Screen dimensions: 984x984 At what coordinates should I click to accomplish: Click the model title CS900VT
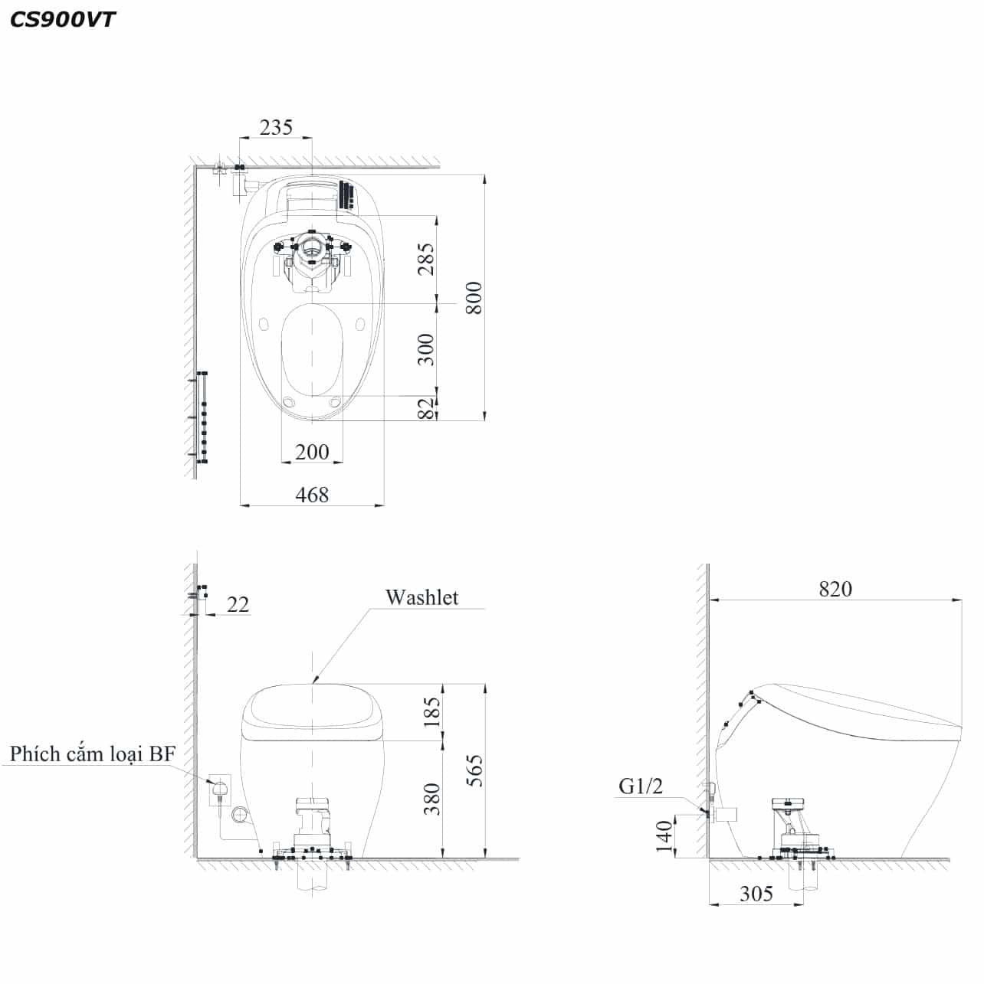pos(62,20)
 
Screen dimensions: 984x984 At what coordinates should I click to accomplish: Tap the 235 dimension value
pos(276,127)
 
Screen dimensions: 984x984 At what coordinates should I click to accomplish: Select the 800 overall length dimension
pos(474,298)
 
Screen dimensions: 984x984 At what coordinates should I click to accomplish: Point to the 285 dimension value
pos(426,259)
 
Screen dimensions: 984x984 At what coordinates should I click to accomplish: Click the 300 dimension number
pos(426,350)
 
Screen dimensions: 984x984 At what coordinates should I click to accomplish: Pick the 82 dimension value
pos(426,408)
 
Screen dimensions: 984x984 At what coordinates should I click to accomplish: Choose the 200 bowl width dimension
pos(312,452)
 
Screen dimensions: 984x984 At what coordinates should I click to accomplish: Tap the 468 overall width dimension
pos(312,495)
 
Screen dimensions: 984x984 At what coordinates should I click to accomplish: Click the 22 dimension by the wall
pos(238,605)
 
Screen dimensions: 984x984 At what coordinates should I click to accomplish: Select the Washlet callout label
pos(421,597)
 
